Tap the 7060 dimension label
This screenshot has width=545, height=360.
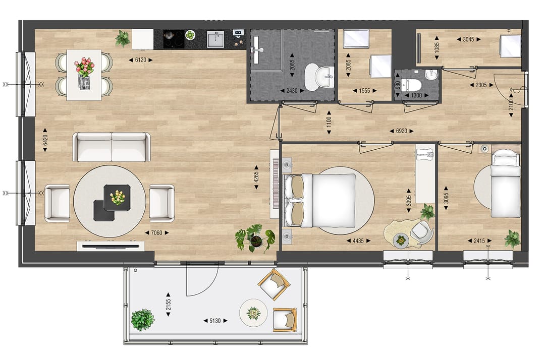156,233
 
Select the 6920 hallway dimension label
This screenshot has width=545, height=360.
401,131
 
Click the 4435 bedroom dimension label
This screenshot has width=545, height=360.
358,241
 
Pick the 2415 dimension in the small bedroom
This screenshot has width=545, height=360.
479,241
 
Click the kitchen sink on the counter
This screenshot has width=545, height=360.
215,39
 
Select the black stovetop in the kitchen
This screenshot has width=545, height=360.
173,39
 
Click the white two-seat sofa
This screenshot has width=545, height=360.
112,147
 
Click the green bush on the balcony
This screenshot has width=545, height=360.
142,320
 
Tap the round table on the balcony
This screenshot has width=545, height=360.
253,313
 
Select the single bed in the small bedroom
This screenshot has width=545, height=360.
506,185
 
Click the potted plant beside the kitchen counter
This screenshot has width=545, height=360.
123,38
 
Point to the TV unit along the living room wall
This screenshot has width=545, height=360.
111,246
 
